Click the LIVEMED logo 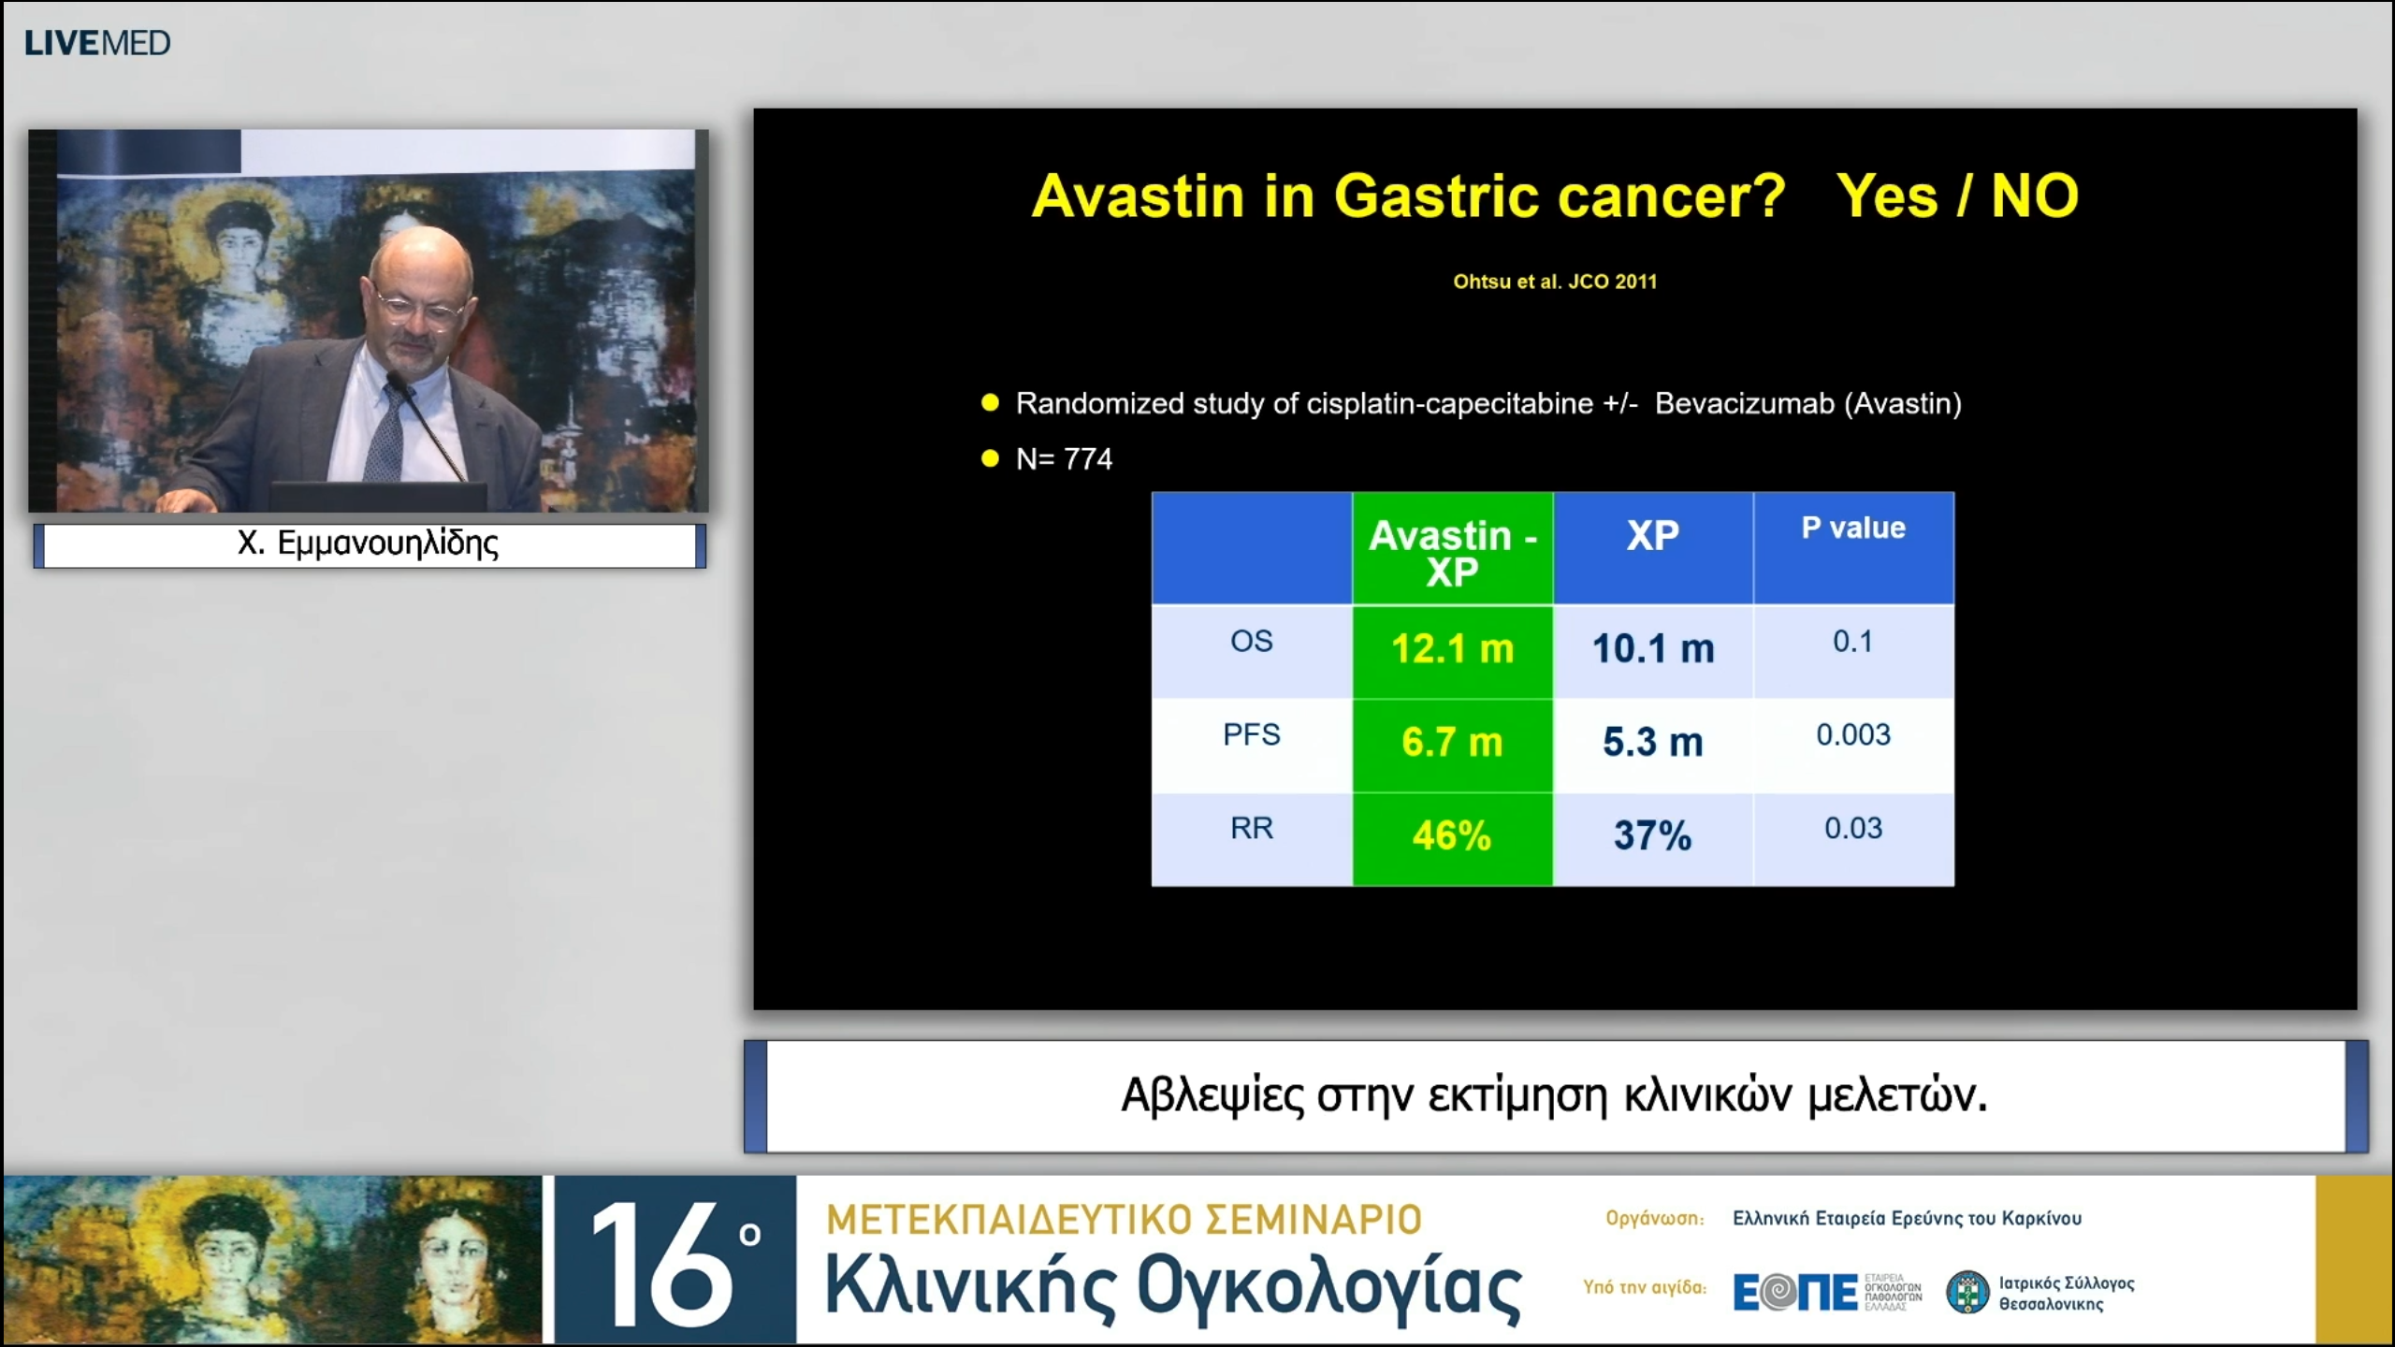pos(97,43)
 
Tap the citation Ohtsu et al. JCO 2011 pos(1555,282)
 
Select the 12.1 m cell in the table pos(1453,649)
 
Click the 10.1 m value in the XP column pos(1653,649)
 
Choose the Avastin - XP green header pos(1453,547)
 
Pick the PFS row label pos(1252,734)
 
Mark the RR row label pos(1252,828)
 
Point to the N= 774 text pos(1064,458)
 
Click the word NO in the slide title pos(2035,196)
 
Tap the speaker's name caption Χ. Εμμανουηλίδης pos(368,543)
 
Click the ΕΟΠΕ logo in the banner pos(1795,1293)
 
